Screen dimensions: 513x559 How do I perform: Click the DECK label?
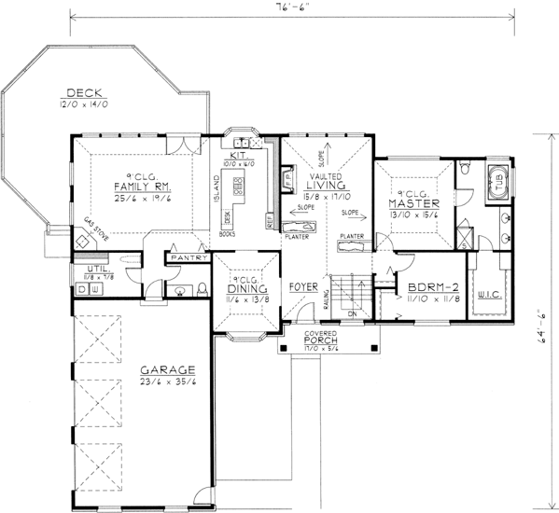(83, 92)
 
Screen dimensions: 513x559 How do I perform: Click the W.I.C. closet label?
(489, 296)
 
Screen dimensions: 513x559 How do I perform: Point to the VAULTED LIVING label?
(325, 186)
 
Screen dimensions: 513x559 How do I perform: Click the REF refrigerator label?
(271, 224)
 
